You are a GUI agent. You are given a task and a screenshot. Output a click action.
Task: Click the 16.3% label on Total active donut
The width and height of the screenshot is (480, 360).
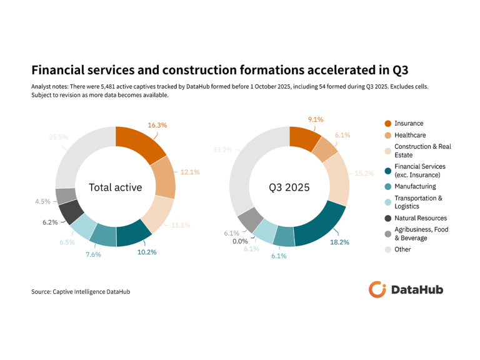click(x=157, y=125)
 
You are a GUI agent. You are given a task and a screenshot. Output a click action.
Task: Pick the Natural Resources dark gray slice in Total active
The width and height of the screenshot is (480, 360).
click(x=72, y=212)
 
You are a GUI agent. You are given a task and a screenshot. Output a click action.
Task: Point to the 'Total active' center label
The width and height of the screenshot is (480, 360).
click(x=115, y=187)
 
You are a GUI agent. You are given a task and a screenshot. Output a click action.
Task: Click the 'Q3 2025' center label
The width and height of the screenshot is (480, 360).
click(x=289, y=187)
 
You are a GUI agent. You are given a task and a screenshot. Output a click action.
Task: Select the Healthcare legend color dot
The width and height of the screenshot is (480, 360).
click(x=387, y=135)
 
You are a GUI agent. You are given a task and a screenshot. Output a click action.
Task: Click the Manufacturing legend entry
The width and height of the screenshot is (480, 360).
click(x=415, y=186)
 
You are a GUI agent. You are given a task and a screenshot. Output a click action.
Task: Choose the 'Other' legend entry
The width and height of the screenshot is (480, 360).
click(x=402, y=249)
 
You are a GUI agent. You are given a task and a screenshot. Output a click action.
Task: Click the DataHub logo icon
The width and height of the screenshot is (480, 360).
click(x=377, y=289)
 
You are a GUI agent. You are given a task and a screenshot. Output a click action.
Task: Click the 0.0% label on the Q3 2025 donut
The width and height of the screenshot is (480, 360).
click(x=240, y=241)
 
